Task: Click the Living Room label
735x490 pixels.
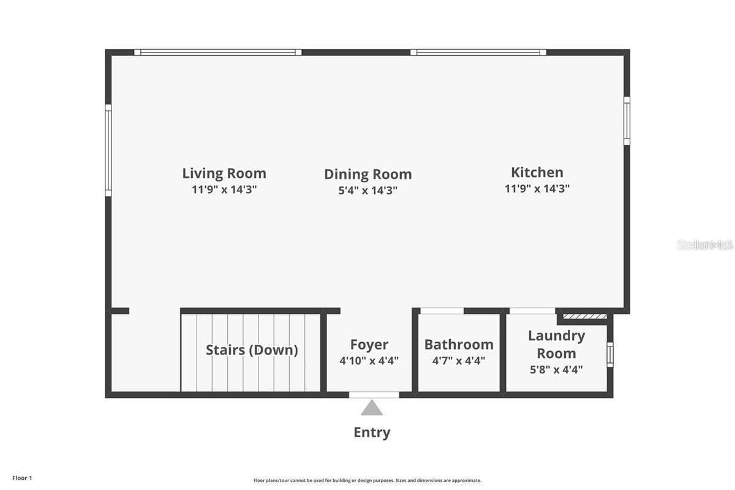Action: coord(224,173)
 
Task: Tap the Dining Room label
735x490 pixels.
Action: coord(367,174)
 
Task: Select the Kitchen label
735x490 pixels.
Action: coord(537,172)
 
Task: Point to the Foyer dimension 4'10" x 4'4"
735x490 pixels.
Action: coord(369,361)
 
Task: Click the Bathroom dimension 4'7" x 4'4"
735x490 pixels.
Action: coord(459,361)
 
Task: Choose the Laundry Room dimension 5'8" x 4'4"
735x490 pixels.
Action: coord(556,369)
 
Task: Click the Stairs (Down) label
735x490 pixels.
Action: coord(252,350)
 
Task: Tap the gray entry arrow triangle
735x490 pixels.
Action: coord(372,408)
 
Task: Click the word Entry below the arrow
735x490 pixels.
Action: coord(372,432)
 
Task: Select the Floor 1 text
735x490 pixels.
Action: coord(22,478)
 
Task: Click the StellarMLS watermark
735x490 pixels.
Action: coord(704,245)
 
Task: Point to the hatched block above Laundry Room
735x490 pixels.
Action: coord(585,316)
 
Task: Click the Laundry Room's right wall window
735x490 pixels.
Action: coord(609,354)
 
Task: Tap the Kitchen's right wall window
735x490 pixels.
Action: coord(627,121)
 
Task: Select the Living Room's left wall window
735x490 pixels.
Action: coord(108,150)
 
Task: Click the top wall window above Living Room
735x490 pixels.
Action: coord(218,53)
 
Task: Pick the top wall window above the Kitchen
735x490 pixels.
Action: coord(478,53)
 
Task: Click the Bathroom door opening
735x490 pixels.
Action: coord(442,311)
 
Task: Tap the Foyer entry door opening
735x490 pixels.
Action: coord(374,395)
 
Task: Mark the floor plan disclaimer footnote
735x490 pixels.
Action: coord(367,480)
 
